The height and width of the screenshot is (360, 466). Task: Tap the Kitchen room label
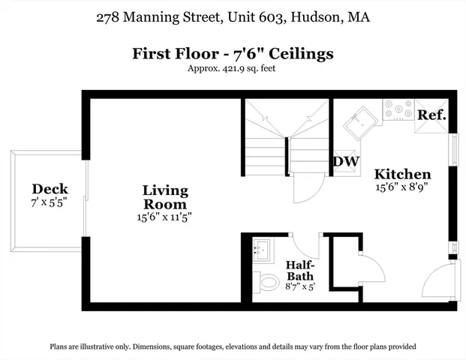click(x=402, y=174)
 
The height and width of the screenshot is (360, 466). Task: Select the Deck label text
click(x=50, y=189)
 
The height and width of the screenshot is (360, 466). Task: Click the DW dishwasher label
click(x=345, y=161)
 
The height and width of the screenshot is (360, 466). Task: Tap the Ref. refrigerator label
click(x=432, y=115)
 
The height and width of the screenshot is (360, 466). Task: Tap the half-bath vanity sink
click(x=262, y=250)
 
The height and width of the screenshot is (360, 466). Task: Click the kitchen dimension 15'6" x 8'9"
click(x=402, y=187)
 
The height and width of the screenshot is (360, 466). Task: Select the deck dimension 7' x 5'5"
click(x=50, y=203)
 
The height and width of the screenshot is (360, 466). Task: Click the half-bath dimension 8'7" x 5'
click(x=300, y=286)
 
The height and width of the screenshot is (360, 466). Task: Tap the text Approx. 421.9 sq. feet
click(x=233, y=69)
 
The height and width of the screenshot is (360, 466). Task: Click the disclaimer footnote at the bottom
click(x=233, y=347)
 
